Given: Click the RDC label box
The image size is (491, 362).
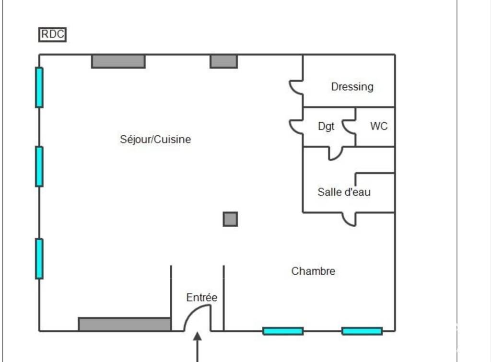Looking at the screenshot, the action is point(52,35).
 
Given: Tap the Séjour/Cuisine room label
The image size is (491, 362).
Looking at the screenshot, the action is point(155,140).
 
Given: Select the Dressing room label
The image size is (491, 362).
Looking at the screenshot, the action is point(352,87).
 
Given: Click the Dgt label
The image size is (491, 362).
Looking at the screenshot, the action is point(326,127).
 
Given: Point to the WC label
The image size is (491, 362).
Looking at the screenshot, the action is point(379,126).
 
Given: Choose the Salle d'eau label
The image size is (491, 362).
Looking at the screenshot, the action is point(344,192).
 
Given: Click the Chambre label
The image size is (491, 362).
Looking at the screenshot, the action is point(313,271).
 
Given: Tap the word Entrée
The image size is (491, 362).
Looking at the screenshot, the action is point(202,297).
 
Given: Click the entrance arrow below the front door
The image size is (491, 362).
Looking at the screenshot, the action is point(197,347).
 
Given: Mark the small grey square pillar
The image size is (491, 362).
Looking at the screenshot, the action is point(230,219).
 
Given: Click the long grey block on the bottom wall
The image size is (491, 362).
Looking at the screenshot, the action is point(125,324).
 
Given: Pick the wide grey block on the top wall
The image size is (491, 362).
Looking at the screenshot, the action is point(118,61).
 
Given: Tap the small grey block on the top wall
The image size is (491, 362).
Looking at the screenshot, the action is point(223,61).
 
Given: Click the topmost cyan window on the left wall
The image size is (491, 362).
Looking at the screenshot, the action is point(39,87).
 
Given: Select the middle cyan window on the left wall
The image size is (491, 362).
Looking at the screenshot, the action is point(39,166).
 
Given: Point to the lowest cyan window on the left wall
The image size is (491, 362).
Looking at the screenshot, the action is point(39,258).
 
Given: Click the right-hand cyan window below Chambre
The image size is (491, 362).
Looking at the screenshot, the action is point(362,331).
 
